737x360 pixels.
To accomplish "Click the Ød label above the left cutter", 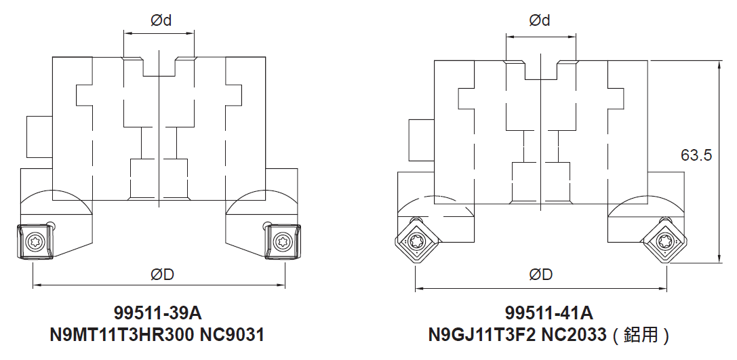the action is pyautogui.click(x=161, y=21).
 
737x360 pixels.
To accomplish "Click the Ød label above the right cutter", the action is pyautogui.click(x=540, y=21).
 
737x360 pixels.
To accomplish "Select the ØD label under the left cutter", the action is pyautogui.click(x=163, y=275).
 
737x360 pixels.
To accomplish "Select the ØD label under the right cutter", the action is pyautogui.click(x=540, y=275).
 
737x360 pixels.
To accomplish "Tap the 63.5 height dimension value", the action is pyautogui.click(x=696, y=155).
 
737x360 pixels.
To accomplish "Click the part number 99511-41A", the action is pyautogui.click(x=549, y=313).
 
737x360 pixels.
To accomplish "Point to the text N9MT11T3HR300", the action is pyautogui.click(x=122, y=335).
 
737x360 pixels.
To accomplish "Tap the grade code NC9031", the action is pyautogui.click(x=232, y=335).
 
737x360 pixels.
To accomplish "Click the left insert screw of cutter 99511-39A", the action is pyautogui.click(x=35, y=241).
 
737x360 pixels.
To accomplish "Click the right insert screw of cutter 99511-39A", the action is pyautogui.click(x=282, y=241).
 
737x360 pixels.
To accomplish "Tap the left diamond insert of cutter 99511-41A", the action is pyautogui.click(x=416, y=242).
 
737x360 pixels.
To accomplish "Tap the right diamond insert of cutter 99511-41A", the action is pyautogui.click(x=666, y=242).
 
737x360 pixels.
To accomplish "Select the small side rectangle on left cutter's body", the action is pyautogui.click(x=39, y=137).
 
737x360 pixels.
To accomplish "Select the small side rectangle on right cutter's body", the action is pyautogui.click(x=422, y=140).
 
